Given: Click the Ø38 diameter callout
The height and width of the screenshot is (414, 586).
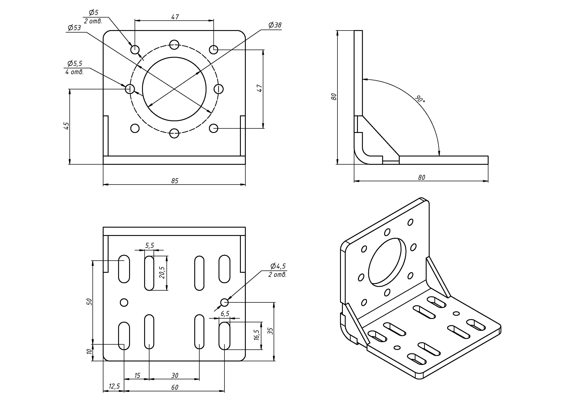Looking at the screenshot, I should point(275,25).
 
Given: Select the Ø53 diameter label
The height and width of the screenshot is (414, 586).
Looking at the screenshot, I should point(74,28).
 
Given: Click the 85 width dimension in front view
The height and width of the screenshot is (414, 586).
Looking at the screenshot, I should point(175,181).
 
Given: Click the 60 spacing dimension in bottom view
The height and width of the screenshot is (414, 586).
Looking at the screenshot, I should point(175,387).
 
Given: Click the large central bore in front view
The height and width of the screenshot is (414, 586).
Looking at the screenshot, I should point(174,89).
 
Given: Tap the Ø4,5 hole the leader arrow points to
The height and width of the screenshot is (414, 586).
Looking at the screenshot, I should point(224,302).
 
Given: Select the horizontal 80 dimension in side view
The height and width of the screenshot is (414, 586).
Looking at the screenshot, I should point(421,178).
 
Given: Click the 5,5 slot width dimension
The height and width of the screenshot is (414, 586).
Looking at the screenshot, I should point(150,245).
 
